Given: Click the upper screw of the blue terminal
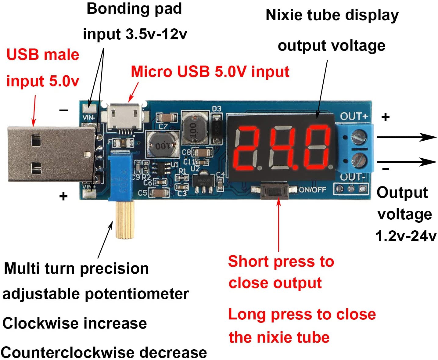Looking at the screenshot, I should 359,136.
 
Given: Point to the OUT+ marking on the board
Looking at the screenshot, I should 354,117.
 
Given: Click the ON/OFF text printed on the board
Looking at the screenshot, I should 312,190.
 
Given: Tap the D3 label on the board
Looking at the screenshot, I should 217,109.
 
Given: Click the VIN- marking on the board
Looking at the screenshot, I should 89,117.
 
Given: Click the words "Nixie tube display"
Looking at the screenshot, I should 332,15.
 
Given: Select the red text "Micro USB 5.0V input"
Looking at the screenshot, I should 210,72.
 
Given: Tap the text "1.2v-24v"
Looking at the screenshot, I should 406,236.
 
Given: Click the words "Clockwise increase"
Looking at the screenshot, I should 75,323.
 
